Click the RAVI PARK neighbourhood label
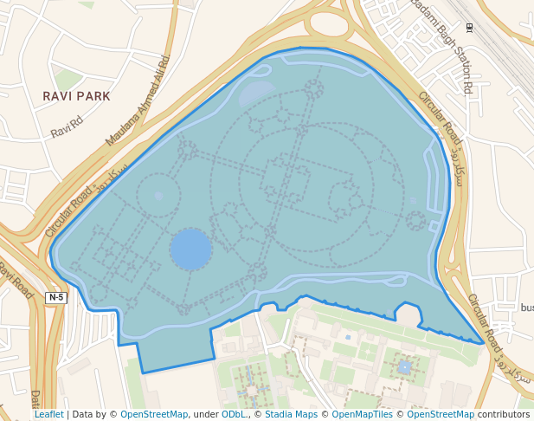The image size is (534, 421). pos(76,96)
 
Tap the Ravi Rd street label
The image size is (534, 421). pos(66,130)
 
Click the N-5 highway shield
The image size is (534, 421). pos(56,297)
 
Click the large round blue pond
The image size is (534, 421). pos(190,249)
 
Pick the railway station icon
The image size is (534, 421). pos(468,27)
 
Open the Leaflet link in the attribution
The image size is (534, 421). pos(49,414)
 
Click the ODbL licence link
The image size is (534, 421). pos(233,414)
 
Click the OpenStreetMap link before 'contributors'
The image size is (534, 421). pos(440,414)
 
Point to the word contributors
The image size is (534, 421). pos(503,414)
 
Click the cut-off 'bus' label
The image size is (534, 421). pos(526,308)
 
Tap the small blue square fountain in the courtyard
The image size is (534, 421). pos(404,367)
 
